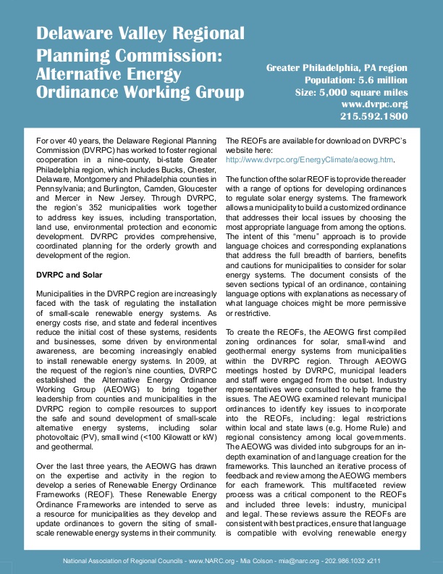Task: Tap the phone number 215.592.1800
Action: click(x=374, y=116)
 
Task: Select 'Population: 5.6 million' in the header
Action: click(x=355, y=80)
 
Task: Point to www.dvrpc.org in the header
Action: click(x=374, y=104)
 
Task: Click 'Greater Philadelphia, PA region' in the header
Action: click(x=337, y=67)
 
